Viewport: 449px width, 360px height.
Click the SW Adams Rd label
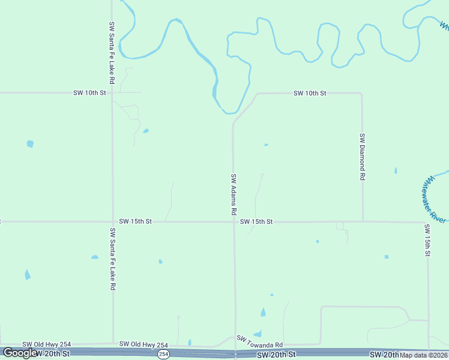pyautogui.click(x=234, y=195)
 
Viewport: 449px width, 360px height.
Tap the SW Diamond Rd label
pyautogui.click(x=363, y=157)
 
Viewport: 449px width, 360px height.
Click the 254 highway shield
pyautogui.click(x=163, y=355)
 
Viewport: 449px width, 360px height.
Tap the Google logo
pyautogui.click(x=20, y=353)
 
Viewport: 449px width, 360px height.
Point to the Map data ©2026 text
pyautogui.click(x=424, y=355)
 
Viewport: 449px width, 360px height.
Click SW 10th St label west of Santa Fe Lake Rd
pyautogui.click(x=89, y=93)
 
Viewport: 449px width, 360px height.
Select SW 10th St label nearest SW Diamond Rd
pyautogui.click(x=310, y=94)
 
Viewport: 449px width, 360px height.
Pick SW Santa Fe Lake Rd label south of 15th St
pyautogui.click(x=112, y=259)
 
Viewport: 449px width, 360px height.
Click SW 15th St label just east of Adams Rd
pyautogui.click(x=256, y=222)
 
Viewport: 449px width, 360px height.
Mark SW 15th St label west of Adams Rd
pyautogui.click(x=135, y=221)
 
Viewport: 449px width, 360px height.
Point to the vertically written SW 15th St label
pyautogui.click(x=427, y=241)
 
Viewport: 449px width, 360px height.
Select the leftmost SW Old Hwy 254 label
pyautogui.click(x=47, y=344)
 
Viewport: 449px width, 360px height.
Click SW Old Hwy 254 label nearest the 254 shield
pyautogui.click(x=143, y=344)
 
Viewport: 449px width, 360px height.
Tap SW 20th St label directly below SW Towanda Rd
pyautogui.click(x=276, y=355)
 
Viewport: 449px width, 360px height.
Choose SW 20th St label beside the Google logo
pyautogui.click(x=53, y=354)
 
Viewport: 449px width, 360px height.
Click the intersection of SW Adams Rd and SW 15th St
pyautogui.click(x=234, y=222)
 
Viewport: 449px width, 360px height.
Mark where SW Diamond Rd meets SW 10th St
pyautogui.click(x=361, y=94)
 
